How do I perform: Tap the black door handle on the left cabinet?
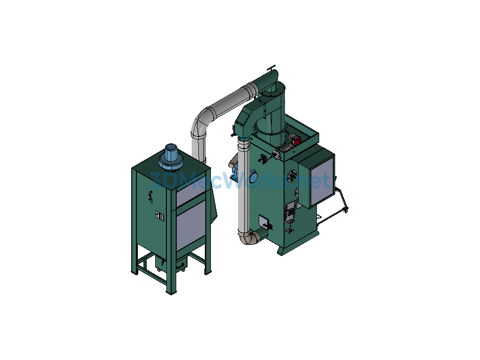point(150,196)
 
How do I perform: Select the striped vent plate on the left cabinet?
point(160,216)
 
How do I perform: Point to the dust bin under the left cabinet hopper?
point(170,263)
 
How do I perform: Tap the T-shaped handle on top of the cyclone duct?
point(271,68)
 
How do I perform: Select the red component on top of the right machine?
point(297,141)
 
